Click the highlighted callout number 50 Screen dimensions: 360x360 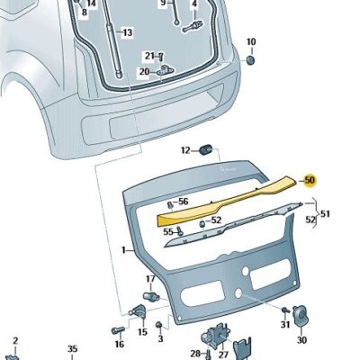pos(310,180)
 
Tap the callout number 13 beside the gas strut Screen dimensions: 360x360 pos(128,32)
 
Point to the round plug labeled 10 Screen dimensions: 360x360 pos(250,59)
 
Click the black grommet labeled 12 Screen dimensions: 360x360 pos(206,148)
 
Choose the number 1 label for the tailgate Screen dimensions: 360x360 pos(123,249)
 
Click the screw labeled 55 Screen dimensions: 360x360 pos(180,230)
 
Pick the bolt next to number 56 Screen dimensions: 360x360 pos(170,205)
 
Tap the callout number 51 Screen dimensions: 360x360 pos(325,214)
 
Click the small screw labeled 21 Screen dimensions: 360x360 pos(160,57)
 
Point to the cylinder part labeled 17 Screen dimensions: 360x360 pos(151,295)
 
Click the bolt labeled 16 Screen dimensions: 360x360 pos(118,331)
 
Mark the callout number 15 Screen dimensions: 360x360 pos(142,332)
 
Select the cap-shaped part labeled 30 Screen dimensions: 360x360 pos(300,316)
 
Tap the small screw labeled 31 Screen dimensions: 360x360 pos(285,310)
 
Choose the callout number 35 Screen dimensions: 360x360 pos(72,349)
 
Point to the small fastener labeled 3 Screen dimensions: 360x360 pos(159,325)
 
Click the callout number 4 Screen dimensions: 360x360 pos(194,4)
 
